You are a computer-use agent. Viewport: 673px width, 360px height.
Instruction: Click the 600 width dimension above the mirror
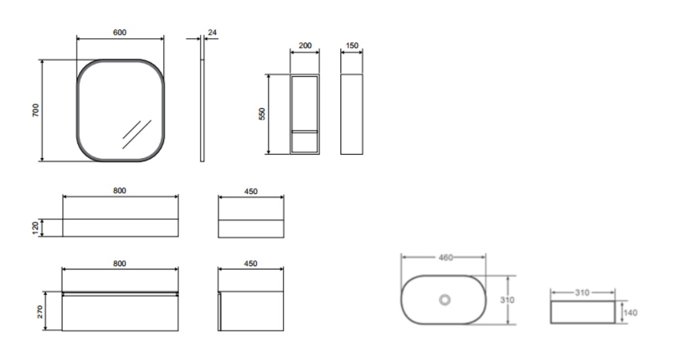[x=120, y=33]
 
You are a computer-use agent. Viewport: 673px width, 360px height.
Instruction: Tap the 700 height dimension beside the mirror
[x=35, y=110]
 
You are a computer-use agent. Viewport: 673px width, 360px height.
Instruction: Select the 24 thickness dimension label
[x=212, y=32]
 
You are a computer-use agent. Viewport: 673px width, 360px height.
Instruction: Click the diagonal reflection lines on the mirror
[x=137, y=134]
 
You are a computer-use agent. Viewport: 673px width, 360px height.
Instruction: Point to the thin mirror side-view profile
[x=202, y=110]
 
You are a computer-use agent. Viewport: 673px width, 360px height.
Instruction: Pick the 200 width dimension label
[x=305, y=45]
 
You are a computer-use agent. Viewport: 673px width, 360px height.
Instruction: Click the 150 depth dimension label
[x=352, y=45]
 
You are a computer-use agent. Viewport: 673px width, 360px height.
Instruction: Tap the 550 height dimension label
[x=262, y=113]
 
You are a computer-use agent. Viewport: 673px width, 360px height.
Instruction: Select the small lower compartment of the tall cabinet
[x=305, y=142]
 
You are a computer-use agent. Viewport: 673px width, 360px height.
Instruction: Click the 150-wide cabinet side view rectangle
[x=352, y=114]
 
